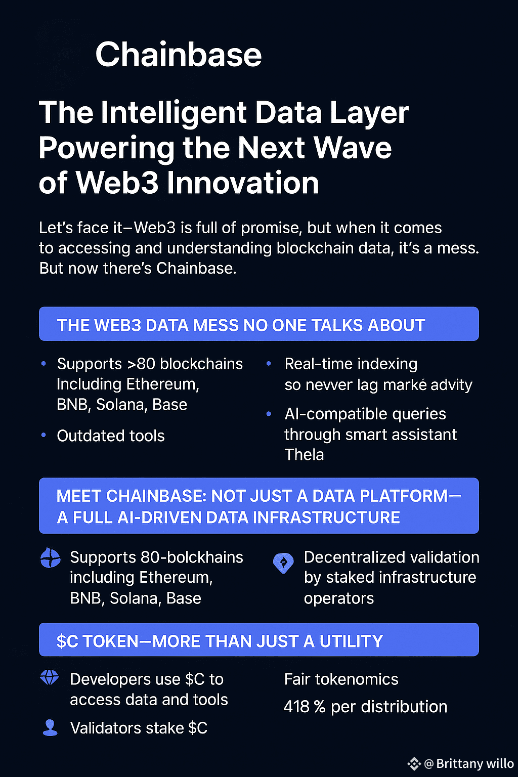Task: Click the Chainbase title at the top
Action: point(179,55)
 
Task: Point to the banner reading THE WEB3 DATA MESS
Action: point(259,324)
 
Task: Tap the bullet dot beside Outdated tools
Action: point(44,435)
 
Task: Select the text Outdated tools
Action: point(111,436)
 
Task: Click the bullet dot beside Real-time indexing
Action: point(269,364)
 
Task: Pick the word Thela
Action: point(304,454)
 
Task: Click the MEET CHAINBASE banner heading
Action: point(259,506)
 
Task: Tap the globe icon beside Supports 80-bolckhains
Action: point(50,558)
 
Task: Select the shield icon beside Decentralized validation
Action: point(283,563)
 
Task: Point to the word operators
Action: point(338,599)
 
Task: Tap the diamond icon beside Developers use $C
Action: point(50,677)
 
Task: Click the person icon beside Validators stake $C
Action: point(50,728)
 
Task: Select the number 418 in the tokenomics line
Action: point(296,707)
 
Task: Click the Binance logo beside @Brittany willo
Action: point(414,763)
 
